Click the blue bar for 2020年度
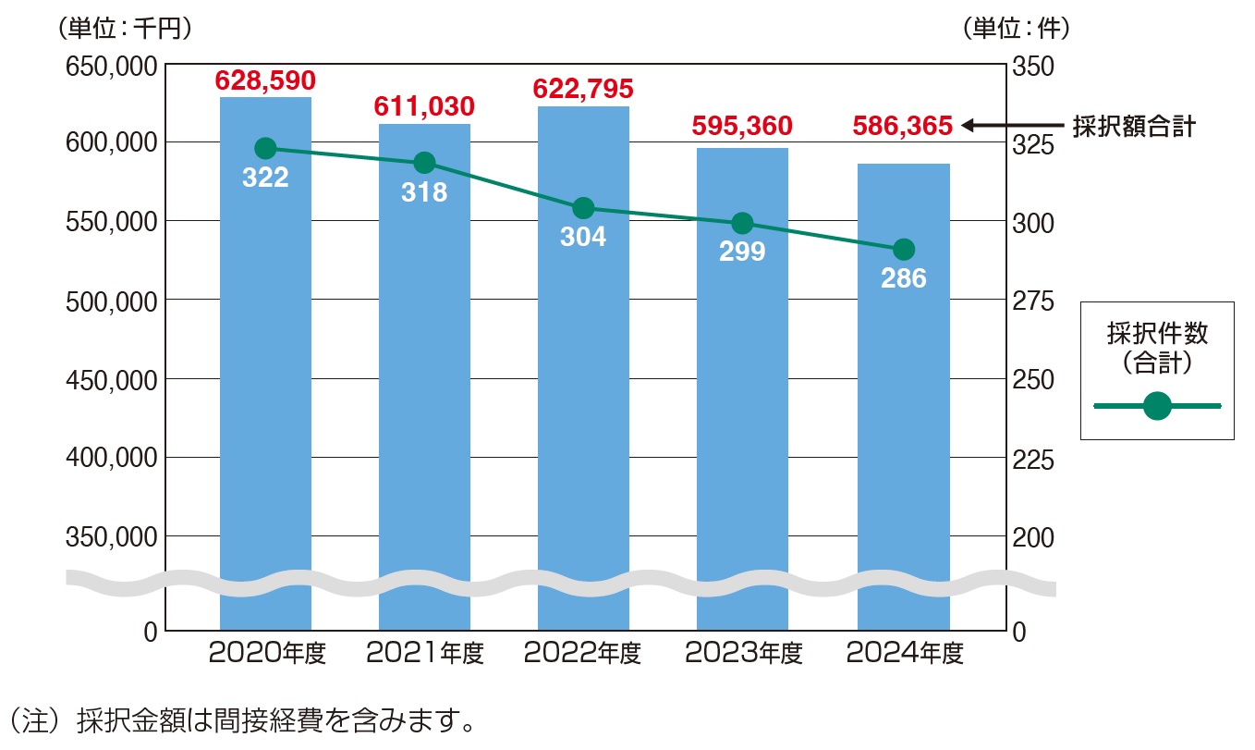(265, 370)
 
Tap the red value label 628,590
(265, 80)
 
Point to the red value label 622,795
(583, 90)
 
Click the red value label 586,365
(902, 126)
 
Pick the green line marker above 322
(265, 148)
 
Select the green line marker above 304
(583, 207)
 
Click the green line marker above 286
(904, 250)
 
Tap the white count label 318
(424, 191)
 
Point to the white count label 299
(742, 251)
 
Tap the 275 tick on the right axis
(1032, 301)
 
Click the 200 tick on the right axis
(1032, 537)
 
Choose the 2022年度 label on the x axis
(583, 654)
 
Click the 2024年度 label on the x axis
(904, 654)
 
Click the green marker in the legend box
(1157, 405)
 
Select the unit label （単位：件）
(1016, 29)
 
